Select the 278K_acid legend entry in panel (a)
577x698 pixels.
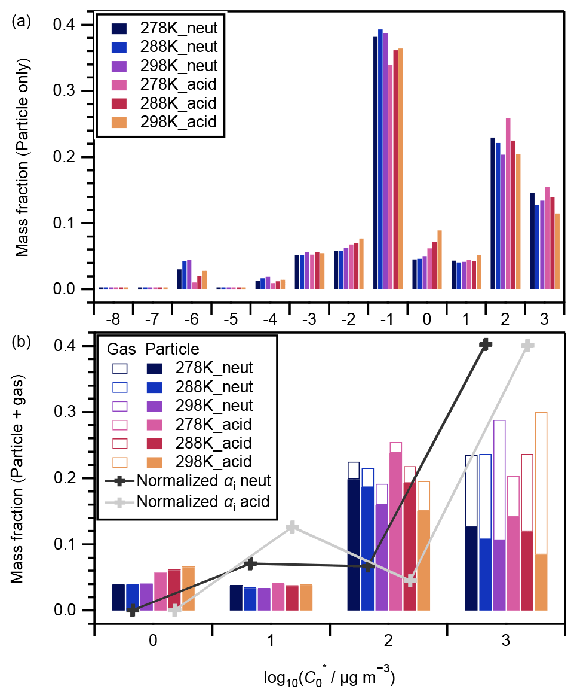(177, 84)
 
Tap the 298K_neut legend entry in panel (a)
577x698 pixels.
(179, 66)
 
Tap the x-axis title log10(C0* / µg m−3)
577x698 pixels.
(329, 677)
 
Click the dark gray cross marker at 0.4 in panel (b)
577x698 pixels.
(486, 345)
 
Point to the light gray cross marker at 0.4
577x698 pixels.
(527, 346)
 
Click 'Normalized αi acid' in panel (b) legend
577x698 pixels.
(207, 501)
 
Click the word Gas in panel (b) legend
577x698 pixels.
(118, 348)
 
